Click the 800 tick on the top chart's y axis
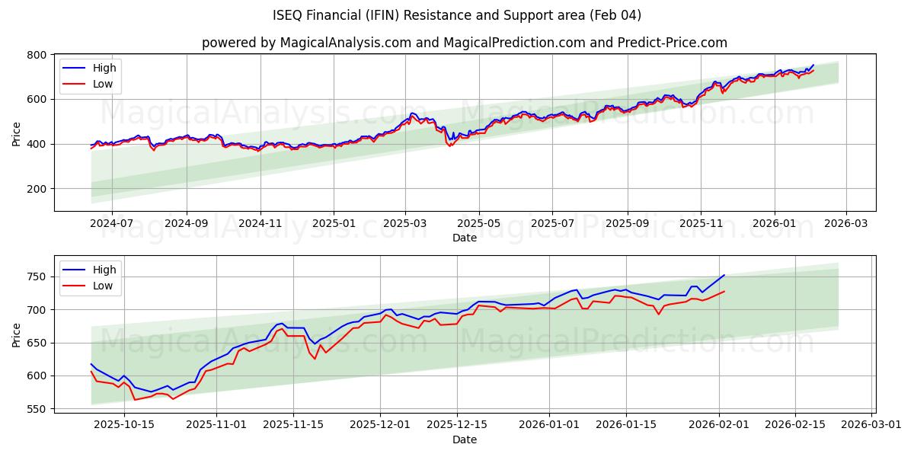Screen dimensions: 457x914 (x=37, y=55)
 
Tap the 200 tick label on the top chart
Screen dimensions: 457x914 (x=37, y=189)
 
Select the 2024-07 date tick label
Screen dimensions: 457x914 (x=111, y=224)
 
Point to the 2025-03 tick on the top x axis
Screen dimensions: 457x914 (x=405, y=224)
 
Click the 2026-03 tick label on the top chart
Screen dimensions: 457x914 (x=846, y=224)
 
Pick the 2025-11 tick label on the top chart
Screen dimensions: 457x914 (x=701, y=224)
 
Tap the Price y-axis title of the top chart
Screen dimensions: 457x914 (x=17, y=133)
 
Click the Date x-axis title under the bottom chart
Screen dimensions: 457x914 (x=465, y=439)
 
